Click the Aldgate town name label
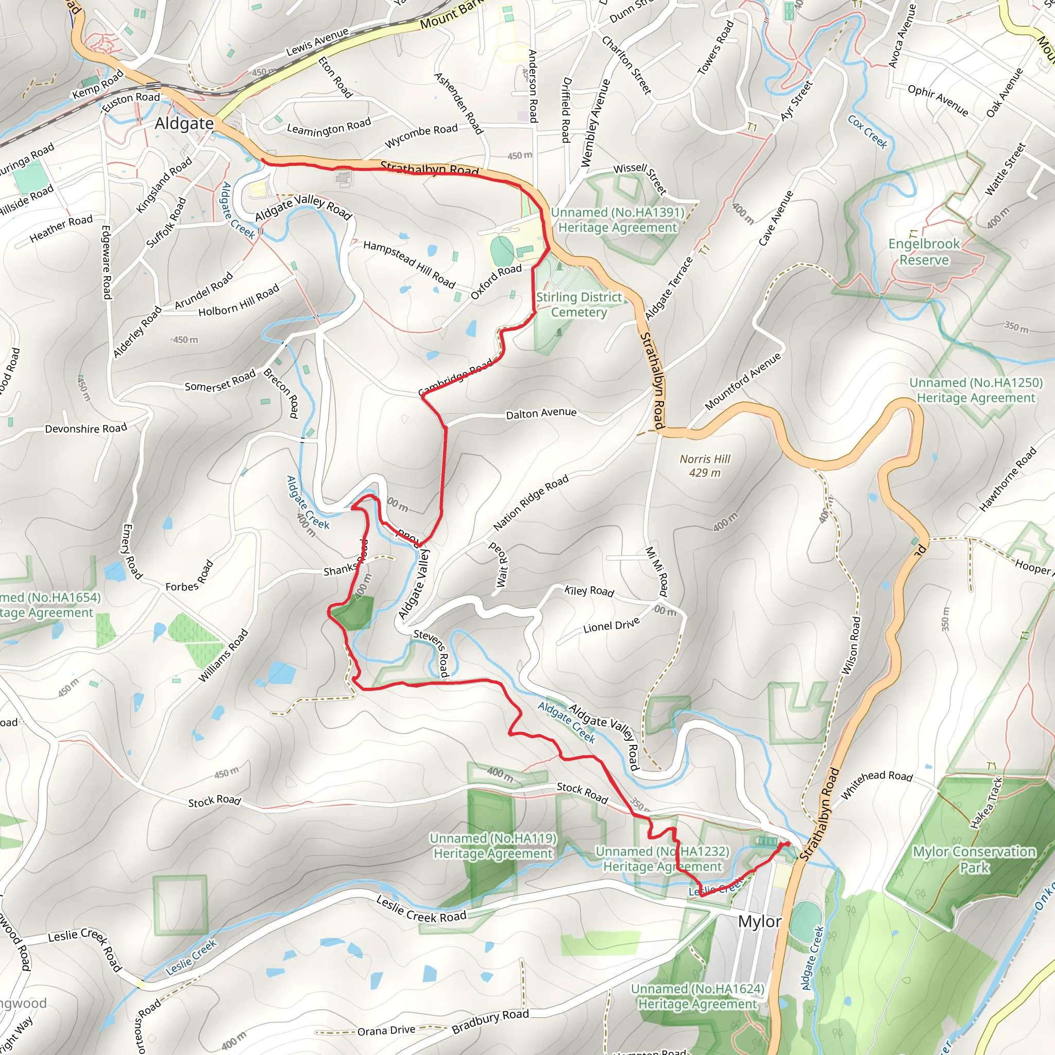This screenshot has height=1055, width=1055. click(184, 124)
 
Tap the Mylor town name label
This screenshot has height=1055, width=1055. click(759, 922)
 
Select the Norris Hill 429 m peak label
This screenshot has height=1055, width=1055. click(704, 466)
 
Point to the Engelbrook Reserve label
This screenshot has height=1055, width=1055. click(924, 252)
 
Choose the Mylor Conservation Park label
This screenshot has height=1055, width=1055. click(974, 860)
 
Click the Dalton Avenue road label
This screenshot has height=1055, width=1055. click(540, 413)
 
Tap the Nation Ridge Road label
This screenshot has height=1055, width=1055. click(530, 502)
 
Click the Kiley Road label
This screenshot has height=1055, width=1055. click(589, 591)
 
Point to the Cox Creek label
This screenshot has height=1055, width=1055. click(867, 131)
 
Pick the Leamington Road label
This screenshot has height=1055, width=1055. click(329, 127)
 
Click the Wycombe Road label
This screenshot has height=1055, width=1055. click(421, 135)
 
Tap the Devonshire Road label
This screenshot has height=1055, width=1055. click(86, 429)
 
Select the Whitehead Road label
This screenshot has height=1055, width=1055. click(877, 784)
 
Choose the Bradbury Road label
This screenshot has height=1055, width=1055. click(490, 1021)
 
